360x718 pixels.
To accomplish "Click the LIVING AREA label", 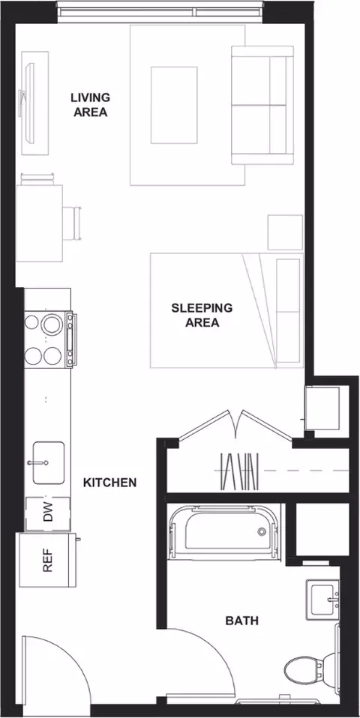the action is [91, 105].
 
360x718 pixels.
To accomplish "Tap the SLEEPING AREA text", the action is [202, 315].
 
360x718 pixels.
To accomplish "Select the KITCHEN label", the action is [110, 482].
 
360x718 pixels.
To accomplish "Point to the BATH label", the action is [241, 621].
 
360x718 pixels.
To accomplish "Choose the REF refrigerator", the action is [47, 560].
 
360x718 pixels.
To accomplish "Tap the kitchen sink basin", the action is [48, 462].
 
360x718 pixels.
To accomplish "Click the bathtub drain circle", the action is [262, 531].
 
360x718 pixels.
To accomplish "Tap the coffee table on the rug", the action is [174, 105].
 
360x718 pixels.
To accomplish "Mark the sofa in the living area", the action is [262, 105].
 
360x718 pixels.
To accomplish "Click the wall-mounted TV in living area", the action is [28, 103].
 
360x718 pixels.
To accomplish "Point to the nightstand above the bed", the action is [285, 232].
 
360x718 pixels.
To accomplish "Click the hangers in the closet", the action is [240, 471].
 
